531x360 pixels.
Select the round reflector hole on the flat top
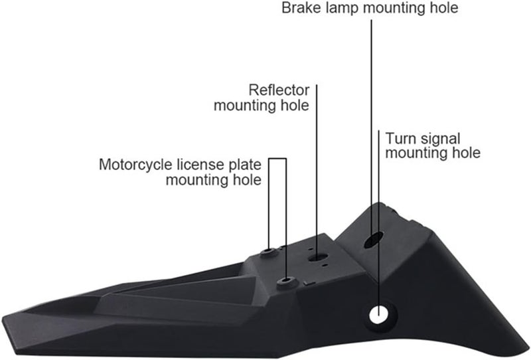click(317, 254)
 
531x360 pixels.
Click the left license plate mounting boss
click(269, 252)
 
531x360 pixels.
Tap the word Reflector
click(279, 90)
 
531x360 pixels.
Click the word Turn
click(400, 139)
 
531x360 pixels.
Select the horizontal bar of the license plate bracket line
click(277, 159)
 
